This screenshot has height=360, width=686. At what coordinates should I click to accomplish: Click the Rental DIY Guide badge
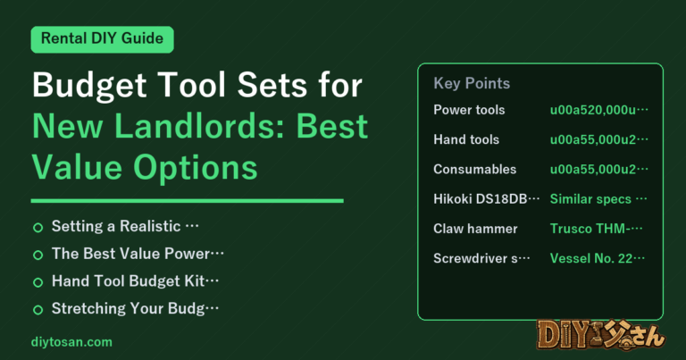102,39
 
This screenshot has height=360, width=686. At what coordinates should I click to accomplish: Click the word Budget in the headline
89,86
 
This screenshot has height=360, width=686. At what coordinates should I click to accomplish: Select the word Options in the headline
195,169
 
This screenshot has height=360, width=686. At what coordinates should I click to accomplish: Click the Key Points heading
472,83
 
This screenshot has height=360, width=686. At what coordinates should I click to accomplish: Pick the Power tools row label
469,110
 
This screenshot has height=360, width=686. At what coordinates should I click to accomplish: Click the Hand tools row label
466,139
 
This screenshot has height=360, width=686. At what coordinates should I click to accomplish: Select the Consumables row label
474,170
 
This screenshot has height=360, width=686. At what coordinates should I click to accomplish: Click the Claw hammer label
475,229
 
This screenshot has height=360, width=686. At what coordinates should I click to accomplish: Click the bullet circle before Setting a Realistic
38,228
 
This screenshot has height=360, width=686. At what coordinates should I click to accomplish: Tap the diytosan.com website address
71,342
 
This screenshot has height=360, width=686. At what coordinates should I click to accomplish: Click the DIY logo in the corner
601,336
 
